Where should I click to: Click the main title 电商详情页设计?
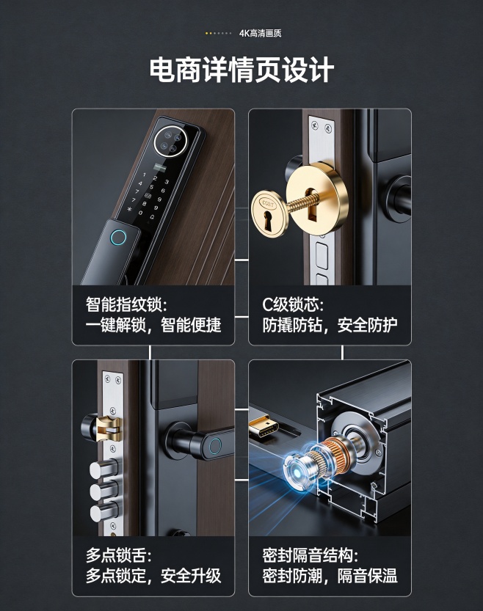click(241, 70)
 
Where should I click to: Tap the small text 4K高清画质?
click(260, 33)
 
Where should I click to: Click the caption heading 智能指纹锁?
click(126, 304)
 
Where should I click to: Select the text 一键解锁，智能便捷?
click(153, 325)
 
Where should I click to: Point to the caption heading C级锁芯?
click(292, 304)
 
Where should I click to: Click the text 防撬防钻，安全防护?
click(330, 325)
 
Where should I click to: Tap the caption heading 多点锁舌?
click(118, 555)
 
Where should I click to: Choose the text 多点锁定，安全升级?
click(153, 576)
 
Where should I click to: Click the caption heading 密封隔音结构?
click(310, 555)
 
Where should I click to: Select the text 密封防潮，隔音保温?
click(330, 576)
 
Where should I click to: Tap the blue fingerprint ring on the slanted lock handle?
click(119, 238)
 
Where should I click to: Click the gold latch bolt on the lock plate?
click(108, 428)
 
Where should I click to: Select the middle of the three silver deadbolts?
click(103, 491)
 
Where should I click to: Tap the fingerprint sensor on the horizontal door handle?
click(214, 446)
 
